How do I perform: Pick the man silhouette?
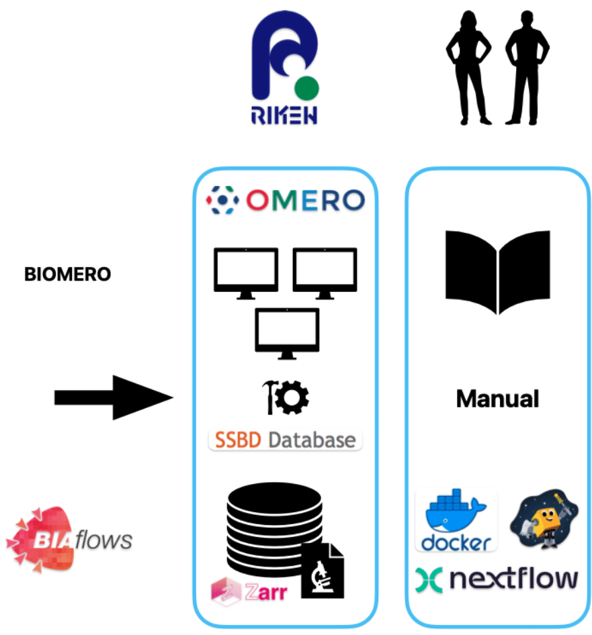pyautogui.click(x=527, y=67)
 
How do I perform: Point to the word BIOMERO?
pyautogui.click(x=67, y=275)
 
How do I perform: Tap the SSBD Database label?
pyautogui.click(x=285, y=440)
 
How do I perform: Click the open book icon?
pyautogui.click(x=497, y=270)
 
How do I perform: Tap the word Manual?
pyautogui.click(x=497, y=399)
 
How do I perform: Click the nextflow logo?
pyautogui.click(x=497, y=579)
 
